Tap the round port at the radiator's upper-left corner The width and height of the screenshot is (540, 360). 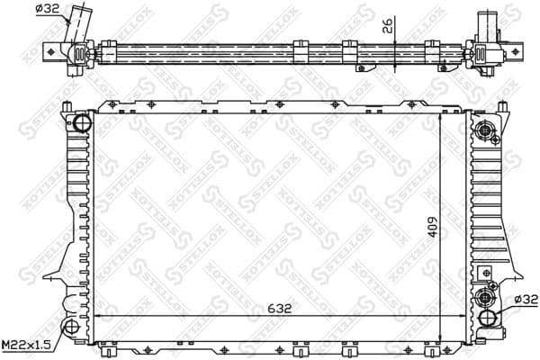[x=81, y=122]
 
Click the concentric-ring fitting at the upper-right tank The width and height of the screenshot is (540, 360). [x=487, y=130]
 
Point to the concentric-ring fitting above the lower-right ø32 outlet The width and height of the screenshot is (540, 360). [x=487, y=297]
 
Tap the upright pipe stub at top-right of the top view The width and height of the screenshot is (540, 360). [x=493, y=22]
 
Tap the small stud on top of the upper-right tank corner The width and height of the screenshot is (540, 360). [x=479, y=104]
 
